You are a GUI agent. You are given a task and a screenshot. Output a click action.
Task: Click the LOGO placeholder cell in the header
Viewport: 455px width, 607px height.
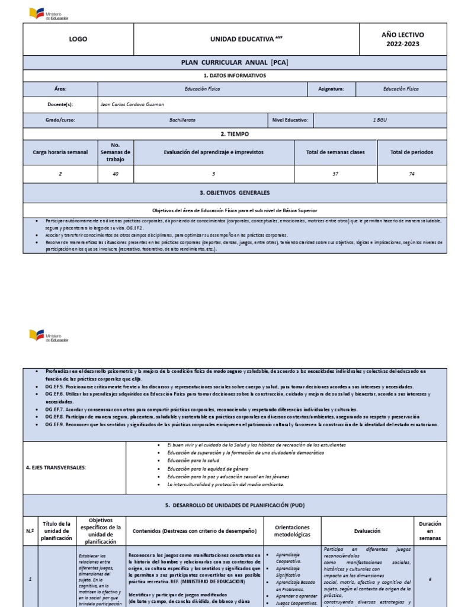coord(78,39)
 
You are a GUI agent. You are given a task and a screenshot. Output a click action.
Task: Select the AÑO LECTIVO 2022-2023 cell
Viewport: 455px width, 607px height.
coord(402,39)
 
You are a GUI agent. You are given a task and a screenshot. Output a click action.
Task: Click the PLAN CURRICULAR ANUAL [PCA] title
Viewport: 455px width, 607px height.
coord(235,63)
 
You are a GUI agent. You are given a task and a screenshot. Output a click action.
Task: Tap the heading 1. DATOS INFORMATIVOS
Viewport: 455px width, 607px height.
coord(235,75)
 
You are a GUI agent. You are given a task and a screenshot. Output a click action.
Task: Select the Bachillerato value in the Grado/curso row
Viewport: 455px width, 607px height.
coord(182,120)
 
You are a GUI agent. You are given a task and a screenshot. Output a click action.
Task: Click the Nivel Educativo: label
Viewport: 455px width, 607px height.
coord(290,120)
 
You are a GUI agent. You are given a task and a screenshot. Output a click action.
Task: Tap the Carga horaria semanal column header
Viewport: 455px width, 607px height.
coord(60,152)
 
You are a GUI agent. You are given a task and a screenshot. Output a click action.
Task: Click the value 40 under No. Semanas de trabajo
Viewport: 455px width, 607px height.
coord(115,174)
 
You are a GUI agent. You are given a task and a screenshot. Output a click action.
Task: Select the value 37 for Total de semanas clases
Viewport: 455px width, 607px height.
coord(336,174)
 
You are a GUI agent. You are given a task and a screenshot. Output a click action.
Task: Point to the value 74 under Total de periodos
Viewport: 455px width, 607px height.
coord(411,174)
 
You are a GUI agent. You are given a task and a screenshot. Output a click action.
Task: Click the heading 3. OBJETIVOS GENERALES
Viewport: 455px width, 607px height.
coord(235,193)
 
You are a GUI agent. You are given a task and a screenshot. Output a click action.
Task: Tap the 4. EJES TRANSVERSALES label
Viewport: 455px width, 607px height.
coord(56,468)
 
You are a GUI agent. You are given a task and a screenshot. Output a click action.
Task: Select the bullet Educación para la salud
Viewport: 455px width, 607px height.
coord(193,461)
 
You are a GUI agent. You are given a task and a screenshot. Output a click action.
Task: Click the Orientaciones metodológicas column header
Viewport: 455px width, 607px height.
coord(293,531)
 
